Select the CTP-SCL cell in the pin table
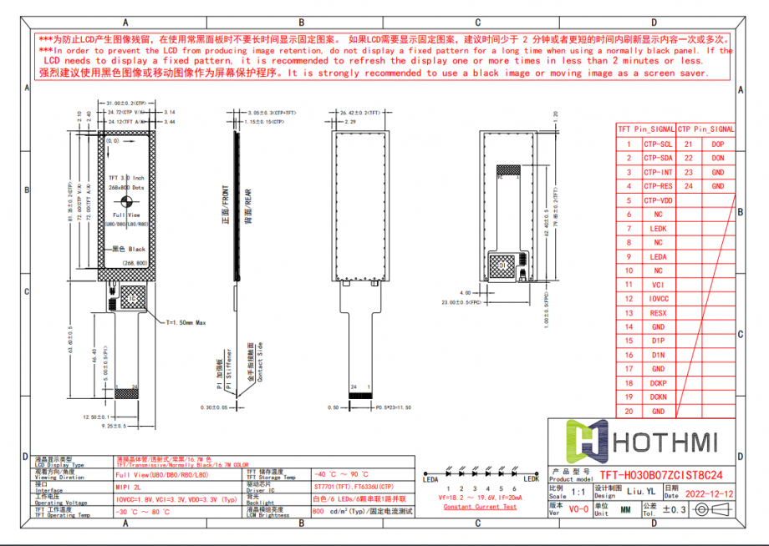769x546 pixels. pos(658,144)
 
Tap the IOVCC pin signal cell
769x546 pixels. pos(658,298)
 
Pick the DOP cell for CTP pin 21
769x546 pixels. pos(717,144)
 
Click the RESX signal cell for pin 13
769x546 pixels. pos(658,312)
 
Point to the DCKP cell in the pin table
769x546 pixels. pos(658,382)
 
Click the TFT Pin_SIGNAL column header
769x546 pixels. pos(645,129)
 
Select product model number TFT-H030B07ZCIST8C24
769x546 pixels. pos(660,476)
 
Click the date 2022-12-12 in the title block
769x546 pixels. pos(710,494)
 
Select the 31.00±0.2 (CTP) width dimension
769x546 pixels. pos(126,103)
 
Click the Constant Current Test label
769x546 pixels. pos(480,507)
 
